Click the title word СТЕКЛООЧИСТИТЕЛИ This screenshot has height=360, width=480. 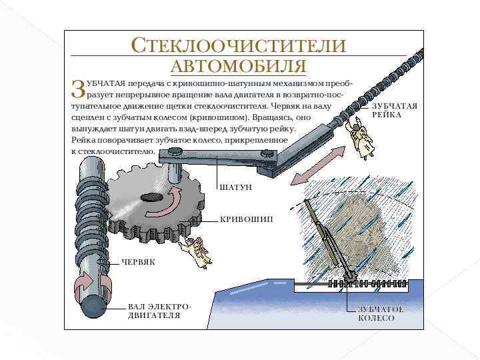tap(239, 46)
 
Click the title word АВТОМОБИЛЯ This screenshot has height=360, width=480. tap(239, 66)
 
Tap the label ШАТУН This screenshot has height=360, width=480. tap(236, 188)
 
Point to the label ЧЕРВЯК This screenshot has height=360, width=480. tap(138, 262)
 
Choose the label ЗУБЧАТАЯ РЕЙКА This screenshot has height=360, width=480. tap(394, 110)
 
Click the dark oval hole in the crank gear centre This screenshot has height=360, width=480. tap(151, 197)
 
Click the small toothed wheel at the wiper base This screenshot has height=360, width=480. tap(350, 277)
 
